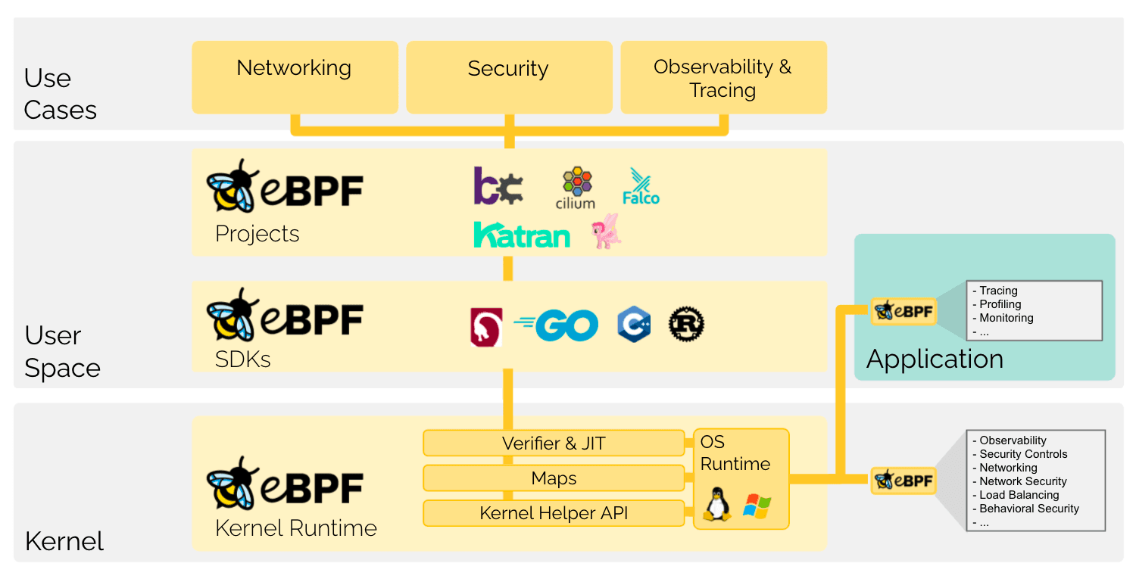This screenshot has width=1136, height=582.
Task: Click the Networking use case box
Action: [295, 77]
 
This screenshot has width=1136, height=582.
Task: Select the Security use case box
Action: [509, 77]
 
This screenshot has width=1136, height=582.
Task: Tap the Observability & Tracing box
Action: [723, 77]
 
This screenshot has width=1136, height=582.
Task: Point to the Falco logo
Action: [641, 187]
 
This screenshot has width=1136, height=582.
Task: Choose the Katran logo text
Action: [521, 235]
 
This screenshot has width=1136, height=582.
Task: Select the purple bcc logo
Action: [498, 186]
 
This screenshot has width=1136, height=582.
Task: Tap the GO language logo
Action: [557, 325]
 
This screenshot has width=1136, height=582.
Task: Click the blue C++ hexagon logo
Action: [633, 325]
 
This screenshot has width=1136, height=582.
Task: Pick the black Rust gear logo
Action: [686, 325]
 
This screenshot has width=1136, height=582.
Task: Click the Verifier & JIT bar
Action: [554, 444]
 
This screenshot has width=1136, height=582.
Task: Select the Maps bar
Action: [554, 478]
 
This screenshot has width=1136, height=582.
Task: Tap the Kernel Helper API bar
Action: [554, 514]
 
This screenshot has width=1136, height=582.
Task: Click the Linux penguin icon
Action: [716, 504]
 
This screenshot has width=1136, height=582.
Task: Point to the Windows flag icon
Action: [757, 506]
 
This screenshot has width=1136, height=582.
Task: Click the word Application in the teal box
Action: [935, 359]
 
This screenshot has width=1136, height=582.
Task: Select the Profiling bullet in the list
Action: [1000, 304]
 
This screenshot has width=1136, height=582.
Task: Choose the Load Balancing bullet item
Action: [1018, 495]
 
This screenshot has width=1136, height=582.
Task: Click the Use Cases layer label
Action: [60, 94]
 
